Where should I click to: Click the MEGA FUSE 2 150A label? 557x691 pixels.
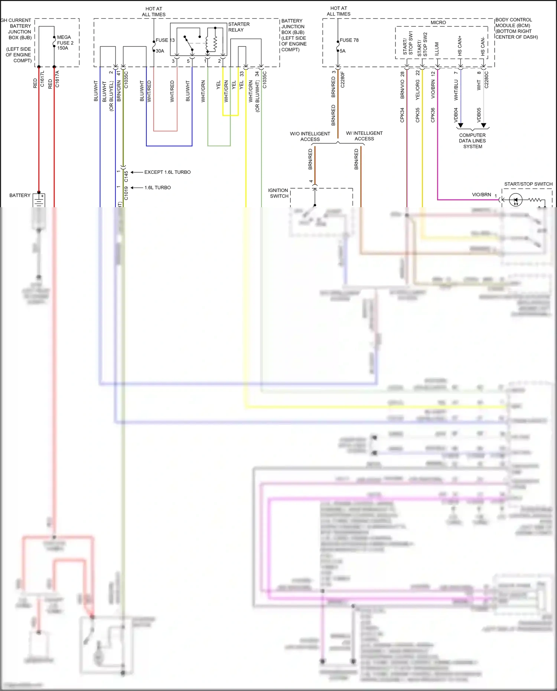tap(65, 43)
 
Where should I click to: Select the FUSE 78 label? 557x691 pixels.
tap(349, 40)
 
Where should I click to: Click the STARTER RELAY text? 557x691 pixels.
tap(239, 27)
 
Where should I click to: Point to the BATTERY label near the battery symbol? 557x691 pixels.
tap(20, 195)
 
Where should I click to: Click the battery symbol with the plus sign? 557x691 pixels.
tap(39, 200)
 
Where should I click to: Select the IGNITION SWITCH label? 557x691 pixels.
tap(278, 193)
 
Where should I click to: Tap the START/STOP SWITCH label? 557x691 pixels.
tap(528, 184)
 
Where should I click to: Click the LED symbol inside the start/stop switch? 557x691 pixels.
tap(515, 200)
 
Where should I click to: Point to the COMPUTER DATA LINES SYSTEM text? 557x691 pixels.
tap(472, 141)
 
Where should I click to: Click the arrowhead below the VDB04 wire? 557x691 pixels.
tap(460, 126)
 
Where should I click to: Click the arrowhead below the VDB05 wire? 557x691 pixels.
tap(483, 126)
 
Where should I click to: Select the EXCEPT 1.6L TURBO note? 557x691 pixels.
tap(167, 172)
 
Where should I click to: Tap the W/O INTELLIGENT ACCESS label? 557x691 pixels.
tap(310, 136)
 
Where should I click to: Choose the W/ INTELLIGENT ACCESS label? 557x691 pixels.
tap(364, 136)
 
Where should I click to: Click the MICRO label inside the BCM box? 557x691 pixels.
tap(438, 23)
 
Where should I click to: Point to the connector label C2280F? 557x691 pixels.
tap(343, 79)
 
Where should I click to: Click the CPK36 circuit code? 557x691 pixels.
tap(433, 115)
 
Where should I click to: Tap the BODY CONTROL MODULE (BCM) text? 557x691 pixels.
tap(516, 28)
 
